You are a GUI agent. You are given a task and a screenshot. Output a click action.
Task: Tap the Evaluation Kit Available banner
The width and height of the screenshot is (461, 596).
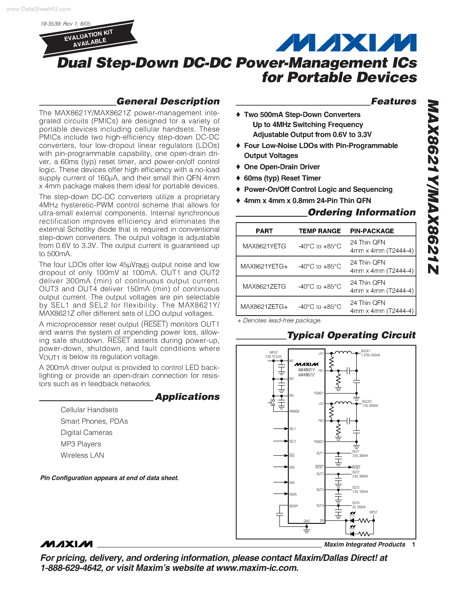tap(89, 39)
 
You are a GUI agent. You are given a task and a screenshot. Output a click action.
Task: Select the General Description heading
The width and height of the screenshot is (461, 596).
tap(168, 101)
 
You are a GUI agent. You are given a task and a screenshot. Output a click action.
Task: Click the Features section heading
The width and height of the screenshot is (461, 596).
tap(394, 101)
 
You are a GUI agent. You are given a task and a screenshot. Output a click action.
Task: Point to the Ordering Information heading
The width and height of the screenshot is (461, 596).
tap(362, 212)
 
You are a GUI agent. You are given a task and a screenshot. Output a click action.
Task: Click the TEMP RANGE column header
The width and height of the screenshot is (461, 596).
tap(320, 231)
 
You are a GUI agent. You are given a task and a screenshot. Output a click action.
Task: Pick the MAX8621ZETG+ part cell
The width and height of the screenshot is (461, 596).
tap(264, 307)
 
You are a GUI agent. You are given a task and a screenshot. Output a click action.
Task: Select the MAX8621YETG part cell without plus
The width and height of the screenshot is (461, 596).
tap(264, 246)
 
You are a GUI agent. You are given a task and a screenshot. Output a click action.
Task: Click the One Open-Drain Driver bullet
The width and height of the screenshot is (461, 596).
tap(282, 167)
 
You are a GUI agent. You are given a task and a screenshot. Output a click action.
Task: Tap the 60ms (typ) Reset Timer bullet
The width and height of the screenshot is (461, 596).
tap(282, 178)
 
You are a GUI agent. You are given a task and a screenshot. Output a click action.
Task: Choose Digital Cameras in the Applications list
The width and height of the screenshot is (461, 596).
tap(87, 433)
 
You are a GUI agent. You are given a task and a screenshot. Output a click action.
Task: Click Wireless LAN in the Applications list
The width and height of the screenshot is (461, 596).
tap(82, 455)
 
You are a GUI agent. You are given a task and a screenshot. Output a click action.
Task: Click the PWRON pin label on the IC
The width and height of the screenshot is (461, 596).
tap(294, 411)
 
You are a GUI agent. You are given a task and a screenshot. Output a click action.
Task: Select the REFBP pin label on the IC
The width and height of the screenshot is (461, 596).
tap(294, 506)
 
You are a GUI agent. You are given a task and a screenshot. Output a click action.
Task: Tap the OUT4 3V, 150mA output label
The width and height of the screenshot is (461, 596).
tap(359, 505)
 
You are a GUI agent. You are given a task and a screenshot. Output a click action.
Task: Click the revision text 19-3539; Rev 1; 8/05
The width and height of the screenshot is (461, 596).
tap(65, 24)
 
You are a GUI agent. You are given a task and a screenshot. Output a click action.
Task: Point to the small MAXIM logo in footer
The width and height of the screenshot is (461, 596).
tap(66, 544)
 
